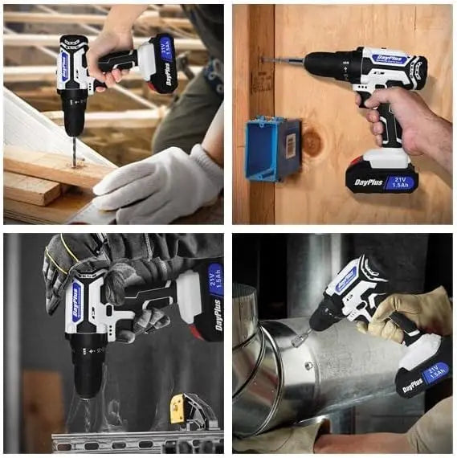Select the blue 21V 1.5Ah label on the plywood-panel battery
[401, 182]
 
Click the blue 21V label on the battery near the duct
[436, 371]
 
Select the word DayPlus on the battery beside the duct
[413, 384]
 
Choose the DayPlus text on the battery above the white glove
[170, 74]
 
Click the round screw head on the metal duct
[308, 366]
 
